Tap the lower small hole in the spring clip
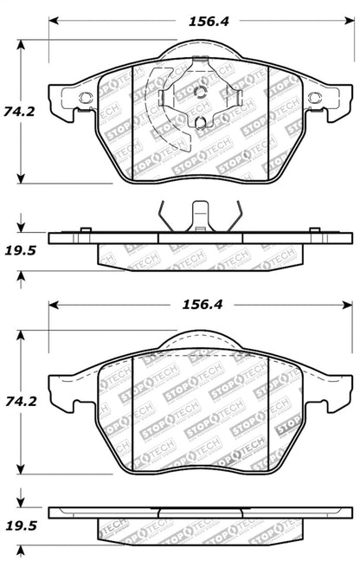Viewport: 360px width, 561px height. (201, 123)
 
